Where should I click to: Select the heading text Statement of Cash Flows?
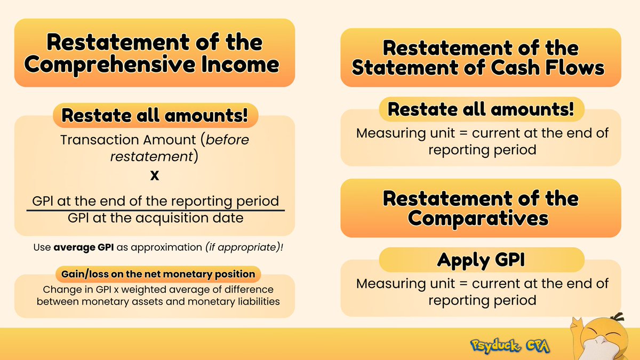tap(480, 68)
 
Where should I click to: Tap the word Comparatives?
tap(481, 219)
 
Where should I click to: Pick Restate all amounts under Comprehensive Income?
tap(154, 115)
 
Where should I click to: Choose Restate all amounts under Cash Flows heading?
tap(481, 109)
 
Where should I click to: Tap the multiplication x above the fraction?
tap(155, 175)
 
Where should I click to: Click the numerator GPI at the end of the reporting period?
tap(155, 201)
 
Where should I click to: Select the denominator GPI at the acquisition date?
tap(155, 218)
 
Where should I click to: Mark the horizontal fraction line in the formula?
tap(155, 210)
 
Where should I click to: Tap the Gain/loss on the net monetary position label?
tap(155, 274)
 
